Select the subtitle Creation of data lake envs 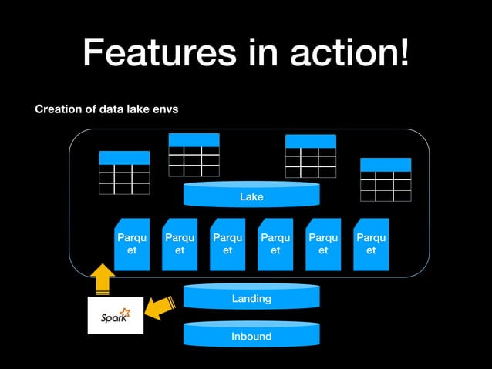[x=106, y=109]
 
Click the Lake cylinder [x=251, y=196]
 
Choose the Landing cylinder [x=251, y=297]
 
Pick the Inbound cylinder [x=251, y=336]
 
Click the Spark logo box [x=116, y=315]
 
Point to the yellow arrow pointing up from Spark [x=101, y=280]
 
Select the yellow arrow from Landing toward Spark [x=161, y=308]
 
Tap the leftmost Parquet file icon [x=132, y=244]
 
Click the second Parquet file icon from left [x=180, y=244]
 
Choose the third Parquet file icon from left [x=227, y=244]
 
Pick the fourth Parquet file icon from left [x=275, y=244]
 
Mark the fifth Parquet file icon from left [x=323, y=244]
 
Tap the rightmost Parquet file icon [x=371, y=244]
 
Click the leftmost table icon [x=124, y=173]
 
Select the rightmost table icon [x=386, y=179]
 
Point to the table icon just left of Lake [x=194, y=155]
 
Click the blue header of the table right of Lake [x=311, y=141]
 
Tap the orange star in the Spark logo [x=126, y=312]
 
